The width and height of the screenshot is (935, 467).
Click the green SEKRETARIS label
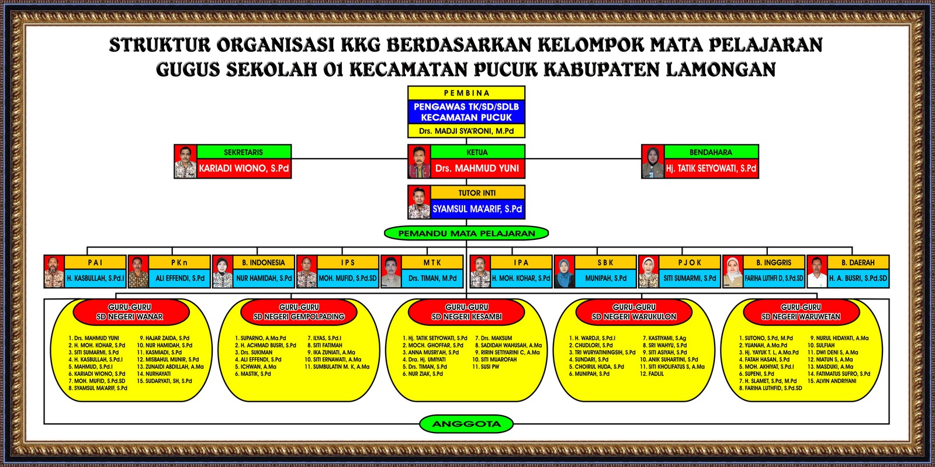[244, 152]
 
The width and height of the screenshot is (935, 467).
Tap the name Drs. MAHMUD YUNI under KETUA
[477, 168]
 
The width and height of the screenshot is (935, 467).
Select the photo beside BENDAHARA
[652, 162]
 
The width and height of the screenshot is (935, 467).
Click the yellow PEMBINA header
[466, 93]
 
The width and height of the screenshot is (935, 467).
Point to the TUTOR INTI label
[477, 193]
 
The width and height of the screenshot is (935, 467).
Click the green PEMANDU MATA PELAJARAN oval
[466, 233]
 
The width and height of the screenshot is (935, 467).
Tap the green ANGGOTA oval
[466, 424]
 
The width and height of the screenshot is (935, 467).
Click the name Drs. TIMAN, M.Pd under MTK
[432, 278]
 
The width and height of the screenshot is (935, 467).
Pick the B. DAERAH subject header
[858, 263]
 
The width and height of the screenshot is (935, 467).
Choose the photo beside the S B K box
[565, 271]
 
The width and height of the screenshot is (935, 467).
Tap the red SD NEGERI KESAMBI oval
[466, 312]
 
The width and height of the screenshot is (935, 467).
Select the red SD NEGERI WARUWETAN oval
[801, 312]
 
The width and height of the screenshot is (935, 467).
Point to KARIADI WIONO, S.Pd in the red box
[244, 168]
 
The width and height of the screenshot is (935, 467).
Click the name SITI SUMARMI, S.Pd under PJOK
[690, 278]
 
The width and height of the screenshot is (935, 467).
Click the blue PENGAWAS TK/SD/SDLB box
[466, 111]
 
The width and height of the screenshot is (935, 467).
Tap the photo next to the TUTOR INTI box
[419, 202]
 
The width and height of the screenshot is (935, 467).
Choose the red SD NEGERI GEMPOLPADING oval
[299, 312]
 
